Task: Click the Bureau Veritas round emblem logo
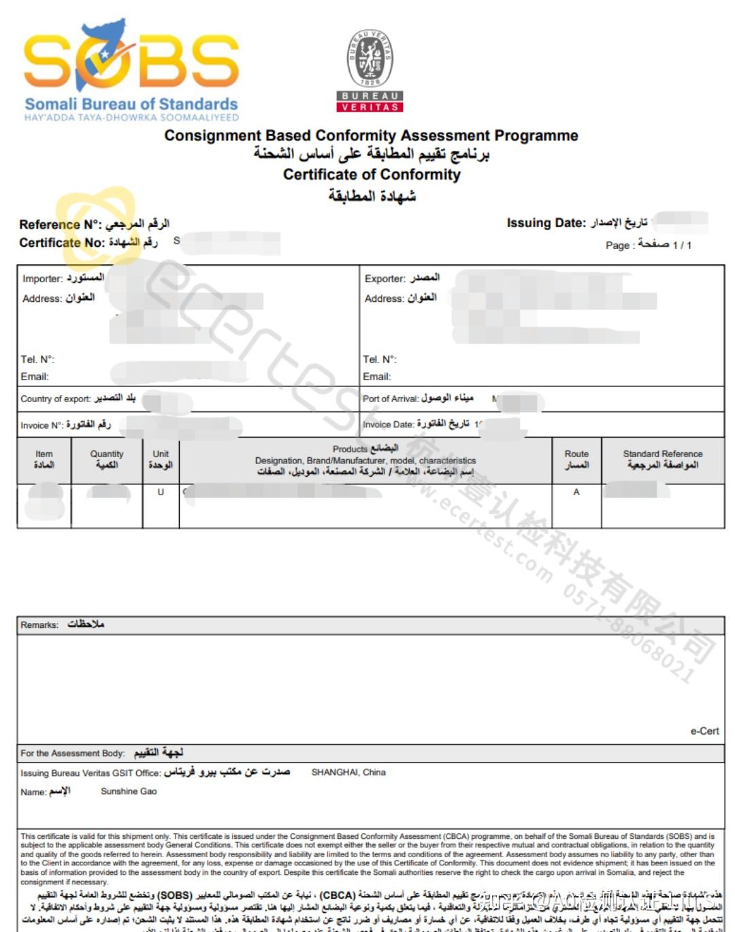pyautogui.click(x=370, y=57)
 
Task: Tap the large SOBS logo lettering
pyautogui.click(x=131, y=63)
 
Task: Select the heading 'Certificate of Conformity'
pyautogui.click(x=372, y=175)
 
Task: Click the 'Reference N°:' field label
pyautogui.click(x=60, y=224)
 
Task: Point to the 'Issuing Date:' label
pyautogui.click(x=546, y=223)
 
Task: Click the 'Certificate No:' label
pyautogui.click(x=62, y=243)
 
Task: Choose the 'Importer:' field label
pyautogui.click(x=42, y=279)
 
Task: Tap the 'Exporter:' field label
pyautogui.click(x=385, y=279)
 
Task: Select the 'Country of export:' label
pyautogui.click(x=55, y=399)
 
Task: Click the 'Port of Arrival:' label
pyautogui.click(x=391, y=399)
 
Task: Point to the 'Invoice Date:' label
pyautogui.click(x=389, y=425)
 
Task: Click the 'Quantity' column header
pyautogui.click(x=107, y=454)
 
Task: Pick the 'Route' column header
pyautogui.click(x=576, y=454)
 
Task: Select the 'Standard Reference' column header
pyautogui.click(x=663, y=454)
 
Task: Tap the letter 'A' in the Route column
pyautogui.click(x=576, y=492)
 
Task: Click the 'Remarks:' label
pyautogui.click(x=39, y=625)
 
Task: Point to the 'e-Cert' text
pyautogui.click(x=704, y=731)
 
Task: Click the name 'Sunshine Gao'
pyautogui.click(x=129, y=792)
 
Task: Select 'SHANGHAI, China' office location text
pyautogui.click(x=348, y=773)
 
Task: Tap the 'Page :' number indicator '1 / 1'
pyautogui.click(x=682, y=246)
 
